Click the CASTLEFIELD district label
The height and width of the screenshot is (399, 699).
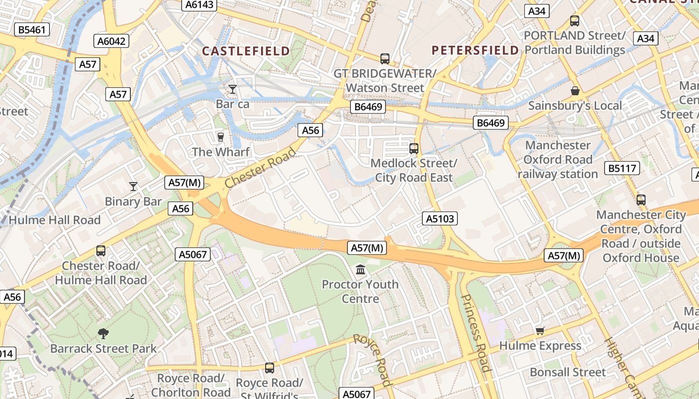(x=246, y=51)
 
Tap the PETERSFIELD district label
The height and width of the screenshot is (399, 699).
(x=475, y=50)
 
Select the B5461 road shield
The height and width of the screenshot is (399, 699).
(x=31, y=29)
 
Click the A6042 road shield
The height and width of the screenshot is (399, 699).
(x=111, y=41)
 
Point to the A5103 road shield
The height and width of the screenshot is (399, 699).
(x=440, y=218)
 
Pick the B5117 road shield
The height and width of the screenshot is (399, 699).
(x=622, y=168)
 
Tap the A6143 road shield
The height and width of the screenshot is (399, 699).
(x=199, y=5)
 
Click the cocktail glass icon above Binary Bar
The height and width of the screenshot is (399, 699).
(x=133, y=187)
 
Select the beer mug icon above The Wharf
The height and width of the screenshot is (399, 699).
(x=220, y=137)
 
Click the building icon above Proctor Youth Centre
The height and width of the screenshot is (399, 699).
(x=360, y=270)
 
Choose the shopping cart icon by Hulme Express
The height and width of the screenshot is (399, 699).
(x=540, y=331)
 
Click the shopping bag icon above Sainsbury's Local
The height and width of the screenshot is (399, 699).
(x=575, y=91)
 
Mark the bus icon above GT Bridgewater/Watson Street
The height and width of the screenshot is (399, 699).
(x=384, y=59)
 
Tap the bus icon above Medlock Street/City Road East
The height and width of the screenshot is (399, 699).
(x=413, y=148)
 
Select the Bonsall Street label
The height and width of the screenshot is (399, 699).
(x=568, y=372)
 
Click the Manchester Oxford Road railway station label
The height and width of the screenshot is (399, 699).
(x=558, y=160)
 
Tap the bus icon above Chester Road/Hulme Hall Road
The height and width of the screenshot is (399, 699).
(x=101, y=251)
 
